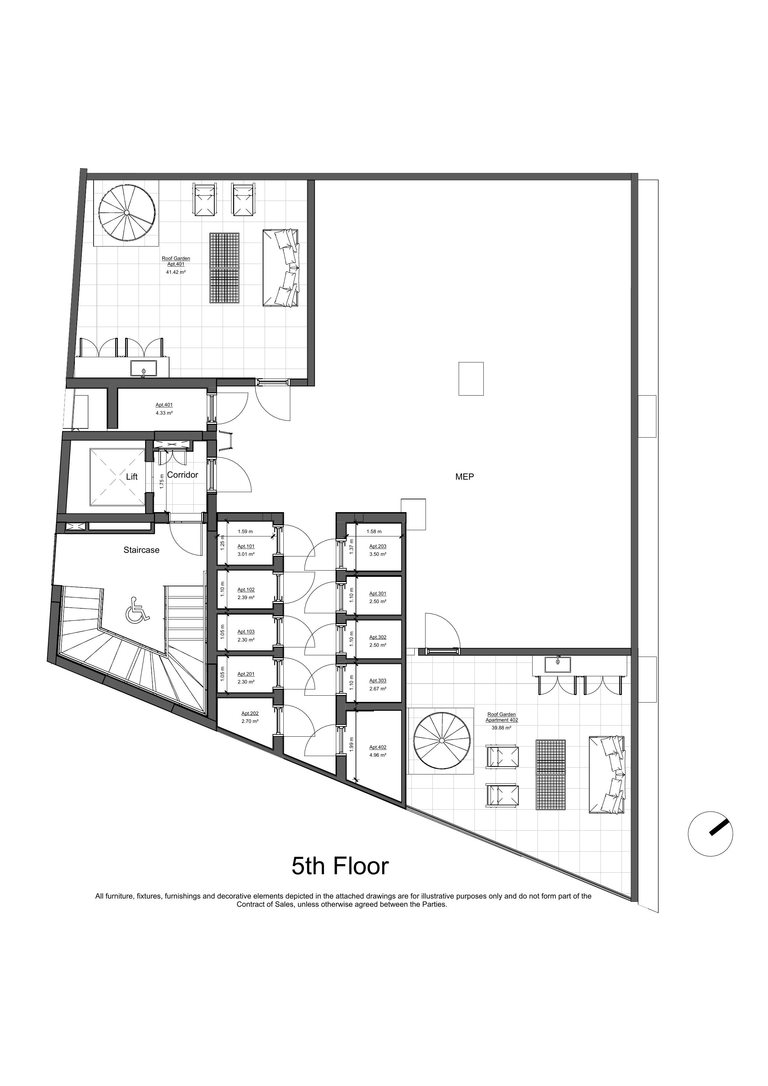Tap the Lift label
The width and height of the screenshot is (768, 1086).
click(x=132, y=477)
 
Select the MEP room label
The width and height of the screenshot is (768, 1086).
click(x=464, y=477)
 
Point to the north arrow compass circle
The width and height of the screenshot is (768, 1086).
click(x=710, y=834)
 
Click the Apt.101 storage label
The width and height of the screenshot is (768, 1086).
click(x=246, y=546)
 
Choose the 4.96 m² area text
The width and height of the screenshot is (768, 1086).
click(x=378, y=755)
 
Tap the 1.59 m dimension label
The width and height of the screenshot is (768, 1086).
click(x=246, y=532)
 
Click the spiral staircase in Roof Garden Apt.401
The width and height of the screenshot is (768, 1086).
click(x=126, y=213)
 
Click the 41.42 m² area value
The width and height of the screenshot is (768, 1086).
click(x=176, y=272)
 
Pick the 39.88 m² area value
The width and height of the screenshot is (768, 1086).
click(x=501, y=728)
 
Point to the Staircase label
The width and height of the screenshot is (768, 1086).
click(x=142, y=550)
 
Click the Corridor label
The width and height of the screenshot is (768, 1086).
click(x=183, y=475)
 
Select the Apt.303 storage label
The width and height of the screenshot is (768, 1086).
click(x=378, y=681)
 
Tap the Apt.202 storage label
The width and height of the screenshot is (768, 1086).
click(x=250, y=713)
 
